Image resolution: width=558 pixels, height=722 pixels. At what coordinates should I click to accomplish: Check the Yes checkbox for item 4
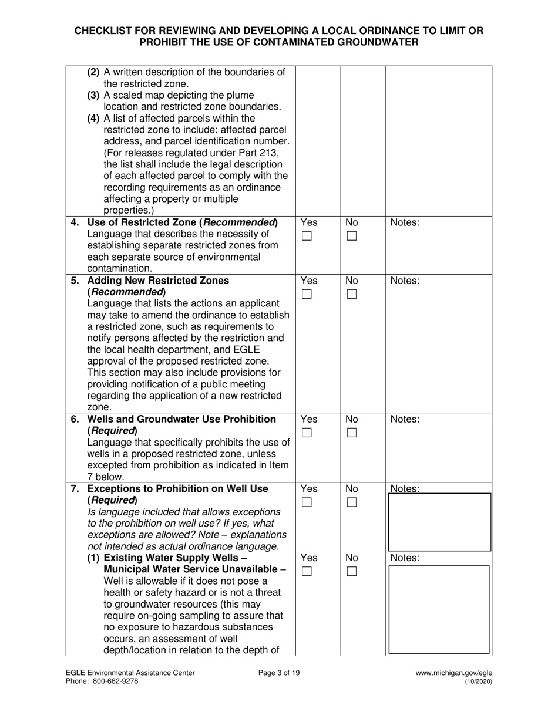(x=307, y=237)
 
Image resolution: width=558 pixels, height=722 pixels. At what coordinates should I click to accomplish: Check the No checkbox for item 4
(x=351, y=237)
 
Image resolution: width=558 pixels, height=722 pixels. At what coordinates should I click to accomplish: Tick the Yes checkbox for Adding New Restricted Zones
(x=307, y=295)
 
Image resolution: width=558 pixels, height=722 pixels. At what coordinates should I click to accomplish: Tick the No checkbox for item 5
(x=351, y=295)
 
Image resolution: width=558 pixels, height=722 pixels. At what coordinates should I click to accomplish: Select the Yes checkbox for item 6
(x=307, y=433)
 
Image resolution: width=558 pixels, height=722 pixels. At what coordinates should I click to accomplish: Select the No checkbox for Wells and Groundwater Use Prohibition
(x=351, y=433)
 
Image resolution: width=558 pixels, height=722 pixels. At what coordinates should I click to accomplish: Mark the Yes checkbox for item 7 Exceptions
(x=307, y=502)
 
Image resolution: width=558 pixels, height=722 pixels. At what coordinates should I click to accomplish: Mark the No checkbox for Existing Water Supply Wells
(x=351, y=572)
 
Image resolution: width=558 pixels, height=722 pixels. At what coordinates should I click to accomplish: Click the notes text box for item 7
(x=439, y=522)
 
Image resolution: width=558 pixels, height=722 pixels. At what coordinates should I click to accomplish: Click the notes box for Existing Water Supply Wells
(x=439, y=609)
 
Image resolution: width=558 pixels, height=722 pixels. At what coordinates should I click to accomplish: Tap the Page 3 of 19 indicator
(x=279, y=673)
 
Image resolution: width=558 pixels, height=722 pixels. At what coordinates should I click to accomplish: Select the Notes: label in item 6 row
(x=405, y=419)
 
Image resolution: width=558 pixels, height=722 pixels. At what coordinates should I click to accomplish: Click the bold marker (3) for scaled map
(x=94, y=95)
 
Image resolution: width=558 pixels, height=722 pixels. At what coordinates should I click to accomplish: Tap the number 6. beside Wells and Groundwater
(x=75, y=419)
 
